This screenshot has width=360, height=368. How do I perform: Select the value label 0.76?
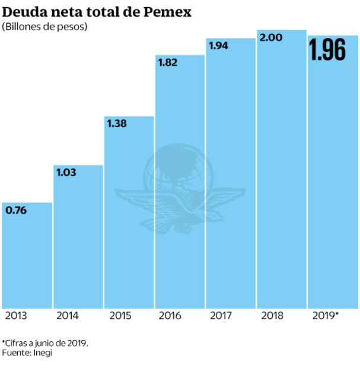pos(17,210)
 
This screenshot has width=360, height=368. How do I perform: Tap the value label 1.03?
pos(68,172)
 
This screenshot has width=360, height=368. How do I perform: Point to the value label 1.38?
pos(118,123)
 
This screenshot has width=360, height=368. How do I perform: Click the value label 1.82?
pos(169,62)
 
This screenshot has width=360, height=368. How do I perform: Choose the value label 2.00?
pos(271,37)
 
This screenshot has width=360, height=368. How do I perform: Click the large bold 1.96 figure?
pos(327,51)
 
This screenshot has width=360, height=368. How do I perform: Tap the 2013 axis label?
pos(16,316)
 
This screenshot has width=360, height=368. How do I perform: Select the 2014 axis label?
pos(67,316)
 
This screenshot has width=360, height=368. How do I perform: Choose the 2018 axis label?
pos(272,316)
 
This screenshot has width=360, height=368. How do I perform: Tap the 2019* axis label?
pos(326,316)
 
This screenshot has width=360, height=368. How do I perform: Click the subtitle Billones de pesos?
pos(44,27)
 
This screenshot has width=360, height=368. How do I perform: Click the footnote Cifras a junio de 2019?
pos(45,343)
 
